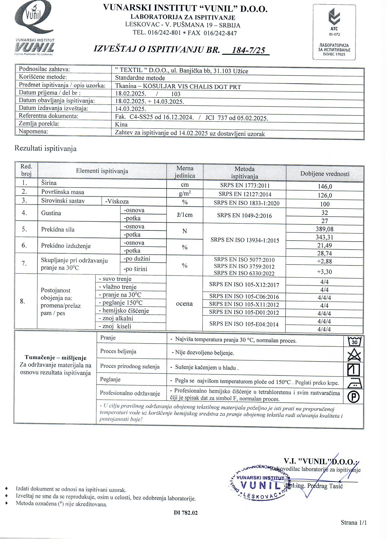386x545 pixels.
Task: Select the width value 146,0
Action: pos(325,187)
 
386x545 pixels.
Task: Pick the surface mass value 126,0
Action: pos(325,195)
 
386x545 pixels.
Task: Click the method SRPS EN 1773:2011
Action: pos(245,186)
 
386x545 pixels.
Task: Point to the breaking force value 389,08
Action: pos(325,229)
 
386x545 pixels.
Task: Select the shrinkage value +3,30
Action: pos(324,272)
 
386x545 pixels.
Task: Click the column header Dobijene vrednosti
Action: pos(325,174)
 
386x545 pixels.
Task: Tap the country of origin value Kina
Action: pos(121,124)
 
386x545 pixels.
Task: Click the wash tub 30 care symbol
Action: pos(354,341)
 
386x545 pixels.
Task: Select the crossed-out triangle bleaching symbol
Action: pos(354,355)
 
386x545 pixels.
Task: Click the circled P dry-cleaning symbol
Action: pos(354,397)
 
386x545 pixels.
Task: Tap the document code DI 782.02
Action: pos(186,513)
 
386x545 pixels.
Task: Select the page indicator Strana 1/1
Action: pos(354,522)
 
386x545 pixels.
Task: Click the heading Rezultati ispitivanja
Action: pos(45,149)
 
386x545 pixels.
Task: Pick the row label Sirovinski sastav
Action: pos(63,201)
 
